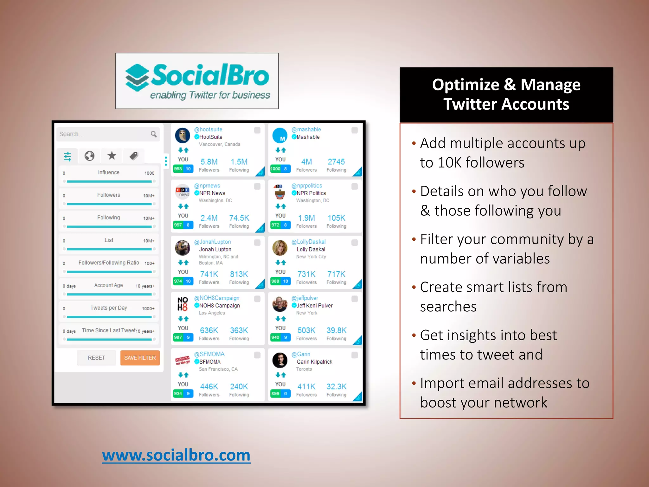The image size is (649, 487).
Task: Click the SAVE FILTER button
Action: click(x=140, y=358)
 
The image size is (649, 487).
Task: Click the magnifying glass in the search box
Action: click(x=154, y=134)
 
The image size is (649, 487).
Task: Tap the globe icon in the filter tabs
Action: click(x=89, y=156)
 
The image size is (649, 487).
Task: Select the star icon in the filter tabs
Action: click(x=112, y=156)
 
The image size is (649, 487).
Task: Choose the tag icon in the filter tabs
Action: click(x=134, y=156)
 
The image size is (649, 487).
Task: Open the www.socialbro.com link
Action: click(x=176, y=455)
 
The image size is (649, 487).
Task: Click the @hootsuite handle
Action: click(x=208, y=129)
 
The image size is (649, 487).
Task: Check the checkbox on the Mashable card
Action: click(x=355, y=130)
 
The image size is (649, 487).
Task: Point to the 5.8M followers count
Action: click(x=209, y=162)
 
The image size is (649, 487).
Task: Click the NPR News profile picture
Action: click(x=183, y=191)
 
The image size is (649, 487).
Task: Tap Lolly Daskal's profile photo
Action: click(x=280, y=248)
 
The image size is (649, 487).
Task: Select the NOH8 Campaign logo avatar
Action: click(x=183, y=304)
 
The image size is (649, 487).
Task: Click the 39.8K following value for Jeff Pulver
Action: click(x=337, y=330)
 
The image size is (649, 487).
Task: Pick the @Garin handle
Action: click(x=301, y=354)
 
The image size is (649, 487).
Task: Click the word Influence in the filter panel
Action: click(x=109, y=172)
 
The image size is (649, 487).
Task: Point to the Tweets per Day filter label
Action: click(x=109, y=308)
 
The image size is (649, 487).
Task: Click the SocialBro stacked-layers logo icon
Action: click(x=137, y=77)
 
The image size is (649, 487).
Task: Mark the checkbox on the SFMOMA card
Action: click(x=257, y=355)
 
